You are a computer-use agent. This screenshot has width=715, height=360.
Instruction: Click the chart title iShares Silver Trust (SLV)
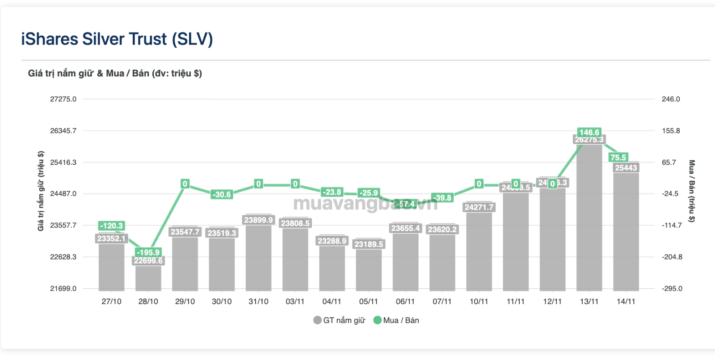[x=117, y=39]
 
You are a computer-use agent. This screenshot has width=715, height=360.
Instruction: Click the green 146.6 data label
[x=589, y=132]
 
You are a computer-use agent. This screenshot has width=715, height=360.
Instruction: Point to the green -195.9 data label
[x=148, y=252]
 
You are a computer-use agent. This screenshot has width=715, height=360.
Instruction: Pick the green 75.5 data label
[x=618, y=158]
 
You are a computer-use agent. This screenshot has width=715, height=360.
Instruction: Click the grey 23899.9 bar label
[x=258, y=220]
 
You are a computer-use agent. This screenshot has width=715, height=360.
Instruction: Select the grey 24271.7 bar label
[x=479, y=207]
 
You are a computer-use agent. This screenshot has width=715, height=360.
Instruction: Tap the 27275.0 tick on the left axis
[x=63, y=99]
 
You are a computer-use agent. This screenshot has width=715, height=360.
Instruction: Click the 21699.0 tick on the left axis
[x=63, y=289]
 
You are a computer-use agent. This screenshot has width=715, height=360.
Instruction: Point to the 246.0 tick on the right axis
[x=671, y=99]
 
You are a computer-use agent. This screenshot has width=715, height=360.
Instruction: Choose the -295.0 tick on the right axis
[x=672, y=289]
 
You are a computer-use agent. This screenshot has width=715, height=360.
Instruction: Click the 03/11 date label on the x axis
[x=295, y=301]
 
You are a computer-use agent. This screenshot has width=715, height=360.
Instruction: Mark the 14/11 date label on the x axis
[x=626, y=301]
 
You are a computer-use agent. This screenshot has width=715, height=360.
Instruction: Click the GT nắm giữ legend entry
[x=340, y=320]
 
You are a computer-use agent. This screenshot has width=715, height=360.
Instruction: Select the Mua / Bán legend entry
[x=396, y=320]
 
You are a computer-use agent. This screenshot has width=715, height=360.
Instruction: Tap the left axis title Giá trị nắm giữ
[x=41, y=191]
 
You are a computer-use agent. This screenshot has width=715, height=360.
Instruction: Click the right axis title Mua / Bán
[x=691, y=191]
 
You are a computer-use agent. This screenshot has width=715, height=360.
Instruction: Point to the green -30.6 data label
[x=222, y=194]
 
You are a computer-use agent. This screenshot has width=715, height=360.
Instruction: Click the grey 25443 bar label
[x=626, y=168]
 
